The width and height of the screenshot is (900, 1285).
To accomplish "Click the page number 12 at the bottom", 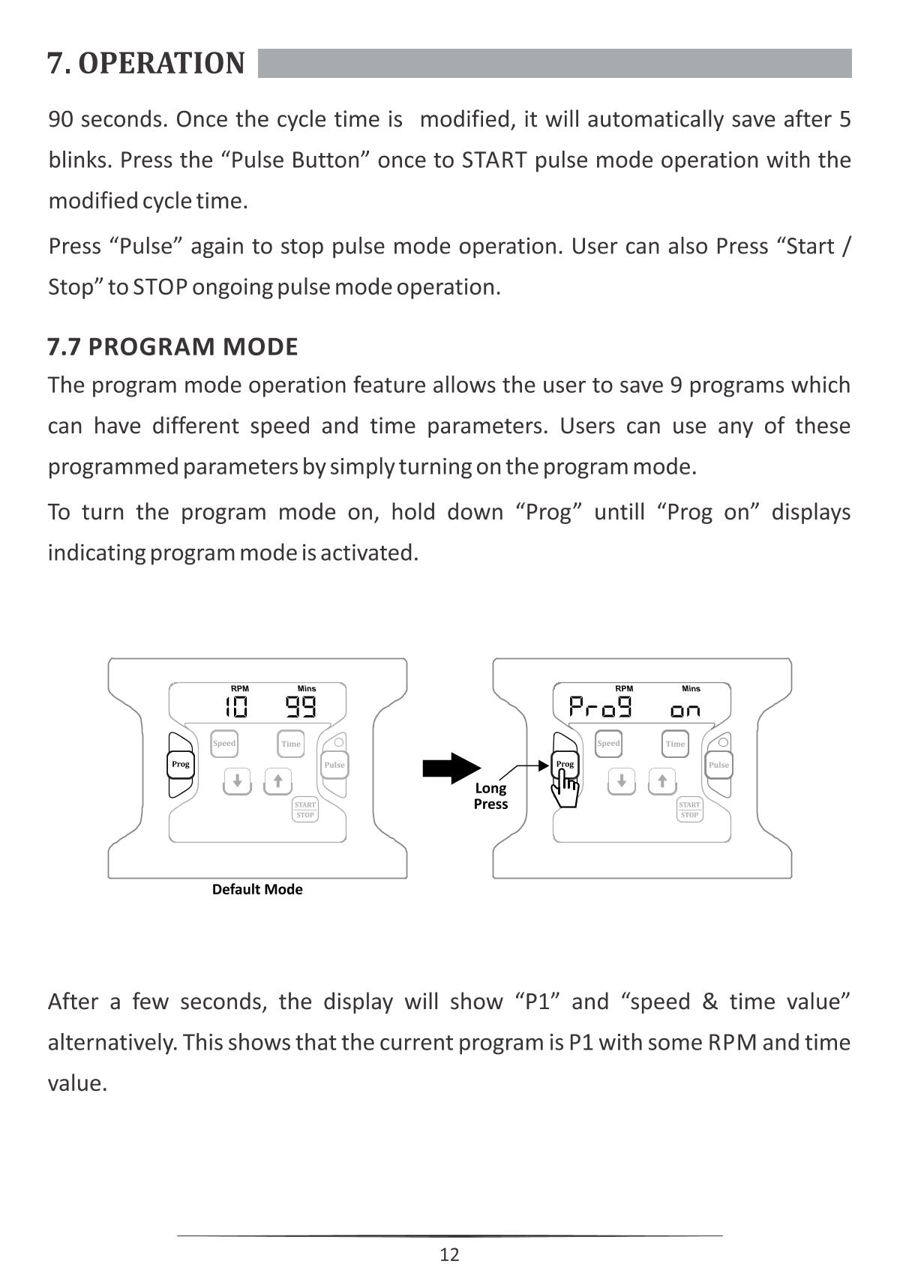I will pos(449,1254).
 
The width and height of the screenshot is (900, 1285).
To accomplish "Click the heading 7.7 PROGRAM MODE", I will pos(172,346).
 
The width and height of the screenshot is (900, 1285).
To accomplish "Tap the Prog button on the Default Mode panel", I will pos(181,765).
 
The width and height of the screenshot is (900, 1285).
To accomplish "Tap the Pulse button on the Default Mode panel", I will pos(334,765).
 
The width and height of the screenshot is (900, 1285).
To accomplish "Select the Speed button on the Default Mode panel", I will pos(224,744).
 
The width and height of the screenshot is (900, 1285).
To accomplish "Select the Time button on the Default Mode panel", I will pos(291,744).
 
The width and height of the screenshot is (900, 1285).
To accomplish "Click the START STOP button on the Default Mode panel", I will pos(305,810).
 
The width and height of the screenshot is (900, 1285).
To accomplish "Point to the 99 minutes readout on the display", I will pos(301,707).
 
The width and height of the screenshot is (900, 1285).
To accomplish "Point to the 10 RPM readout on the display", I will pos(236,707).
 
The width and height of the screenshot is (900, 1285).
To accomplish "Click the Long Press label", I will pos(490,796).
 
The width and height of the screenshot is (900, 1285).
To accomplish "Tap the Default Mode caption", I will pos(257,889).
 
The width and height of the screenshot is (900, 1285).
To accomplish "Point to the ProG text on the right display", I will pos(600,707).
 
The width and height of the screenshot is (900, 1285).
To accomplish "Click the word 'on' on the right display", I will pos(685,710).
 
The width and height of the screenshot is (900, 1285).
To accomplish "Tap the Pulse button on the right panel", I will pos(718,765).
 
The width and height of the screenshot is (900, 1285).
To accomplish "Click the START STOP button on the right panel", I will pos(689,810).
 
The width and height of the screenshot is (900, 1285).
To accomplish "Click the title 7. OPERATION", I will pos(146,64).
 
